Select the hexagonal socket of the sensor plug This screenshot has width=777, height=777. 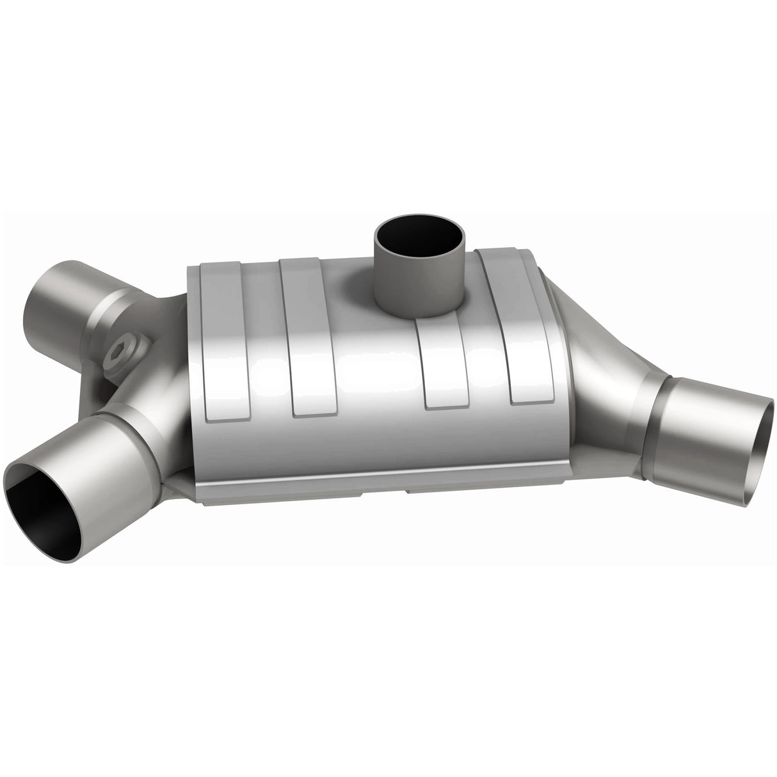(x=119, y=351)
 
